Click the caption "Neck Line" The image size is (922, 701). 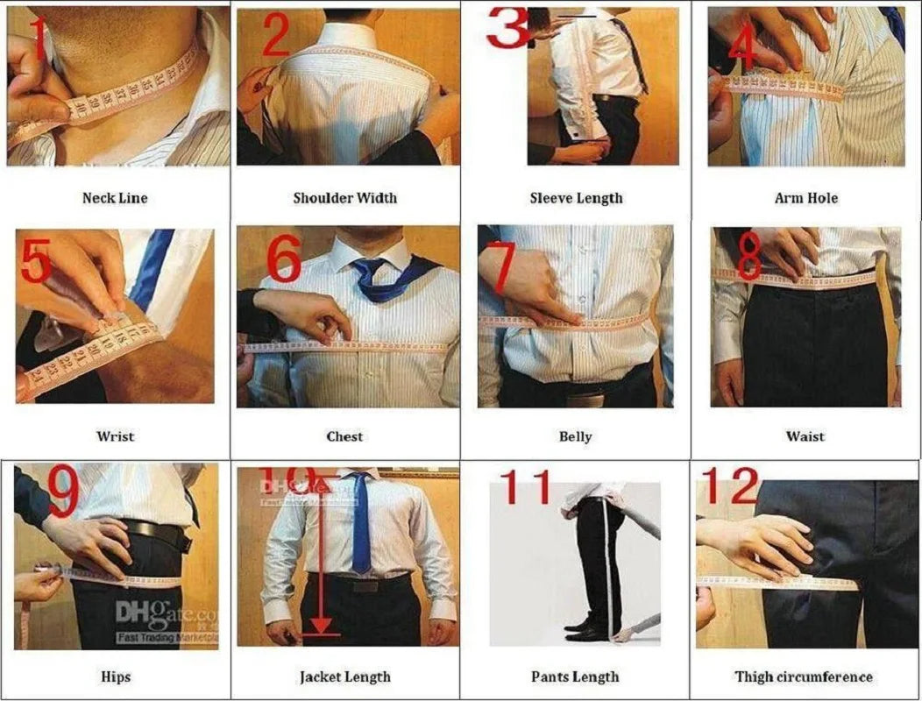[x=115, y=198]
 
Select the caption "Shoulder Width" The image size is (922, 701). [x=344, y=198]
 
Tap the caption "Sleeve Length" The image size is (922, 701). [x=576, y=198]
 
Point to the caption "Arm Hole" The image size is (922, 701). [x=805, y=198]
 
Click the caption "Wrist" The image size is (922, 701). [x=115, y=436]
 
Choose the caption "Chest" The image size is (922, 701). [x=344, y=436]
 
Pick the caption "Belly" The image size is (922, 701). [x=575, y=436]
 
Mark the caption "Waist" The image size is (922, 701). [x=805, y=436]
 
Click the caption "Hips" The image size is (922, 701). [x=115, y=676]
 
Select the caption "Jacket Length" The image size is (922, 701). [x=344, y=676]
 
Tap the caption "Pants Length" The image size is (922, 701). [x=575, y=676]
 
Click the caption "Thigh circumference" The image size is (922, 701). [x=804, y=676]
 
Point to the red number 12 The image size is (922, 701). [x=730, y=485]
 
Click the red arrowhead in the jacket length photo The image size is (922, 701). [x=323, y=625]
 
